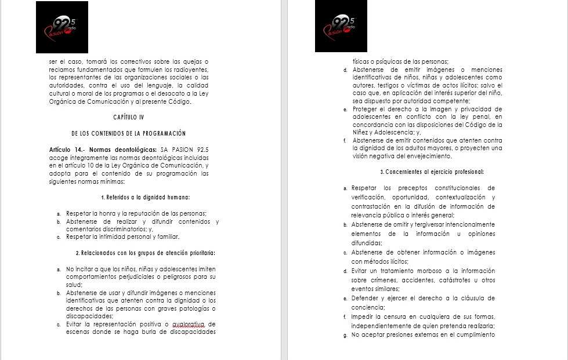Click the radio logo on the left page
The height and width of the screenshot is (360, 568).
tap(62, 27)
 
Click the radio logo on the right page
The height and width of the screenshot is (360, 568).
tap(342, 27)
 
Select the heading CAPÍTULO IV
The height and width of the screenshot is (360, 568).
tap(129, 118)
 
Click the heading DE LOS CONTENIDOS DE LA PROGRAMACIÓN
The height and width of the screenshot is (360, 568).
tap(129, 133)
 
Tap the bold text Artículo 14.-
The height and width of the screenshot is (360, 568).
tap(68, 150)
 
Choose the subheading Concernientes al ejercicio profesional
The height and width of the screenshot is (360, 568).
tap(432, 172)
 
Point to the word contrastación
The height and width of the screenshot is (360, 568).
tap(373, 206)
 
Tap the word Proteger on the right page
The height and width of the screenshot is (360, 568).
tap(368, 109)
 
